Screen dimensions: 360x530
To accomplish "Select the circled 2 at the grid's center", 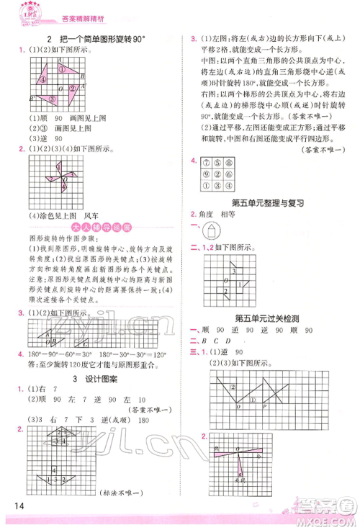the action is [x=219, y=174].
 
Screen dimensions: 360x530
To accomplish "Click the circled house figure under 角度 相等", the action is [x=212, y=230].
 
